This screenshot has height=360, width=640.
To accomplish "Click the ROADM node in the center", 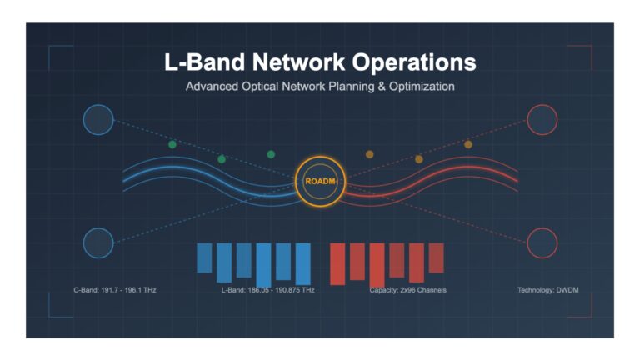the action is [320, 181].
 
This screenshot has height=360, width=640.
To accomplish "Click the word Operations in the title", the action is [414, 62].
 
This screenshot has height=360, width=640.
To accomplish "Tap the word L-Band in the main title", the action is [205, 62].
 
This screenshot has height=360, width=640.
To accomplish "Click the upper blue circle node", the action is [98, 120].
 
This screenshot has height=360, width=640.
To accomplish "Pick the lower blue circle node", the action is [98, 243].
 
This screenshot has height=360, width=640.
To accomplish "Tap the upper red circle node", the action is [542, 120].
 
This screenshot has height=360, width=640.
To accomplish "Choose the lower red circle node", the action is [542, 243].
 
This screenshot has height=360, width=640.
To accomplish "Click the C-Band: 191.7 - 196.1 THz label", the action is [115, 290].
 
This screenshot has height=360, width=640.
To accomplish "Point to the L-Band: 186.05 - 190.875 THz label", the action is [267, 290].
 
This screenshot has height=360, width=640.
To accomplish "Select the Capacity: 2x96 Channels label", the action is [407, 290].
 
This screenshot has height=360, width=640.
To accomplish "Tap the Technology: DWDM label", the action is [547, 290].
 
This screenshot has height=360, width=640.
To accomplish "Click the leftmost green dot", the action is [172, 144].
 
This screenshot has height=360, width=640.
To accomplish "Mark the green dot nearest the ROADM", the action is [271, 154].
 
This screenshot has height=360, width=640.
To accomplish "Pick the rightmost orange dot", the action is [468, 144].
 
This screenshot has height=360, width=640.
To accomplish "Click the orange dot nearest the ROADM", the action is [369, 154].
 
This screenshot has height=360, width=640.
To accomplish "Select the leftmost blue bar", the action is [204, 258].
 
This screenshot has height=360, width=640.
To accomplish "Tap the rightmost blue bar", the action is [302, 264].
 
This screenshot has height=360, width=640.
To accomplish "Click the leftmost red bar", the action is [337, 264].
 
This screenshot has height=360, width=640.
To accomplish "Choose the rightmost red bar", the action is [437, 258].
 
